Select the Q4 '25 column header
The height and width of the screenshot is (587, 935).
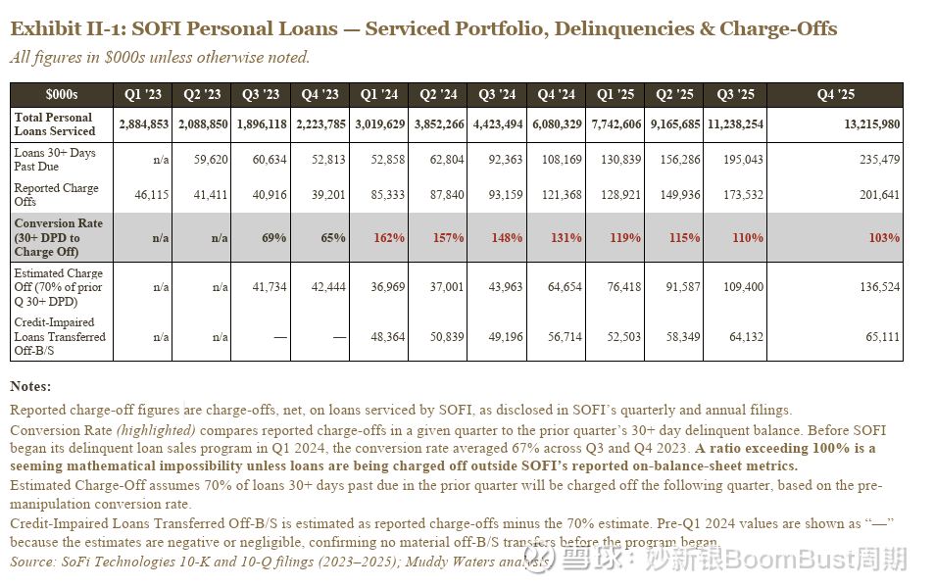(x=835, y=95)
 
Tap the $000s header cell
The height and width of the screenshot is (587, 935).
(x=61, y=95)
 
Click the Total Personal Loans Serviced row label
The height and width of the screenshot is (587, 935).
(x=55, y=124)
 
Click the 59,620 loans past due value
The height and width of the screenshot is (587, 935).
(x=211, y=160)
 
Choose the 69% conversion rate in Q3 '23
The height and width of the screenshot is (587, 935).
(x=273, y=238)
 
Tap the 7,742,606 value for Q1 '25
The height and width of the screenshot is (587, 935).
(x=617, y=124)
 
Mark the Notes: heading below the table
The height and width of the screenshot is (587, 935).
(x=30, y=386)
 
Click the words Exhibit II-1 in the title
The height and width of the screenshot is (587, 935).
(x=61, y=28)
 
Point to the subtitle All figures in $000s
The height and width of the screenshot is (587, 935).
(x=160, y=57)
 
